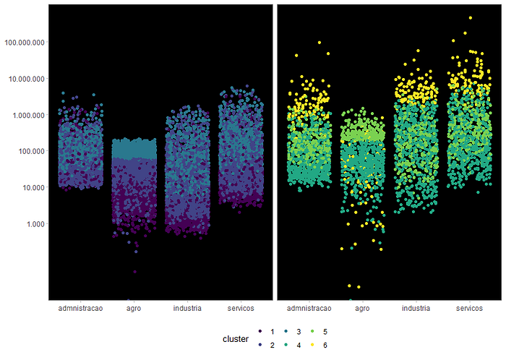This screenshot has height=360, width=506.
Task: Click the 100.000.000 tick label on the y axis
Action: tap(25, 42)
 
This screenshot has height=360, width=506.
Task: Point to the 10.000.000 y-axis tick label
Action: tap(27, 79)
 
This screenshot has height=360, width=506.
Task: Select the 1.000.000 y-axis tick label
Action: tap(28, 115)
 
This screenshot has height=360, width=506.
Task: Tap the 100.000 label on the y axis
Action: tap(31, 151)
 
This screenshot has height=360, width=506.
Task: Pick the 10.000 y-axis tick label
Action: tap(33, 187)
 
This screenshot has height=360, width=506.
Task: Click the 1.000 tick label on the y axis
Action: tap(35, 224)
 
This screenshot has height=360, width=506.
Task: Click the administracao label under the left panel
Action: tap(80, 309)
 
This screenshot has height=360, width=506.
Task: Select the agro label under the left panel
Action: tap(134, 309)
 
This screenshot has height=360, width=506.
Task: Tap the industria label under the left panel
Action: tap(187, 309)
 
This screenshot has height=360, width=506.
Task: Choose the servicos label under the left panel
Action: tap(241, 309)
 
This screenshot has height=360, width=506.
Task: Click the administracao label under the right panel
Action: tap(309, 309)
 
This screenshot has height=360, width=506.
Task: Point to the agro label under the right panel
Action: tap(362, 309)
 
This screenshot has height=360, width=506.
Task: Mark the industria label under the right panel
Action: tap(416, 309)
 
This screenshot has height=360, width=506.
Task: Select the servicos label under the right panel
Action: tap(469, 309)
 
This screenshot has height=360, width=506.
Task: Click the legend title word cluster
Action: tap(236, 339)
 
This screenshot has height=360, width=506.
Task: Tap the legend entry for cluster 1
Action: tap(267, 332)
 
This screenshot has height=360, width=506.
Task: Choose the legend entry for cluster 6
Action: tap(319, 345)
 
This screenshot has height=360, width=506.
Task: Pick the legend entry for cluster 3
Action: tap(293, 332)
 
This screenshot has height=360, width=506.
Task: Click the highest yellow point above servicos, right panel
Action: tap(470, 18)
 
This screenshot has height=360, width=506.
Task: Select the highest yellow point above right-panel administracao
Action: tap(320, 43)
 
